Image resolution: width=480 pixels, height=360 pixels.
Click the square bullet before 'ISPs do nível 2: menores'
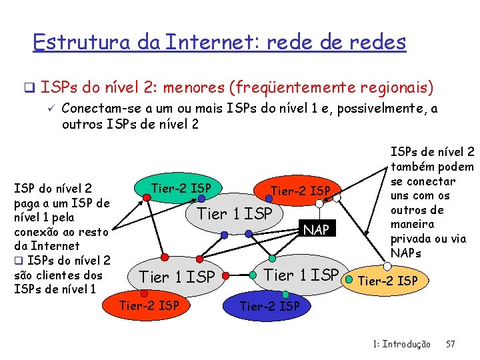click(x=29, y=87)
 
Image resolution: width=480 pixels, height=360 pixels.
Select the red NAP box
click(x=316, y=230)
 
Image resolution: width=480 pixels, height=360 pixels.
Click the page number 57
click(x=450, y=344)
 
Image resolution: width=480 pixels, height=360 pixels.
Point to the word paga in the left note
click(x=28, y=203)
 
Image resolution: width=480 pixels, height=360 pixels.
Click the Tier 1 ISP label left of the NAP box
click(x=235, y=213)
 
